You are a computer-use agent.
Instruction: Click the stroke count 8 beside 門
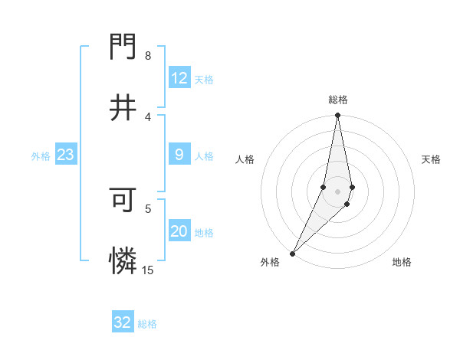tap(148, 56)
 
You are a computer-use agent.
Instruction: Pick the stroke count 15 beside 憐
tap(147, 270)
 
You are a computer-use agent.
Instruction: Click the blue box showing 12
tap(179, 78)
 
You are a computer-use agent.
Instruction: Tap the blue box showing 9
tap(179, 155)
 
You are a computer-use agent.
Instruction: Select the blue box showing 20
tap(179, 231)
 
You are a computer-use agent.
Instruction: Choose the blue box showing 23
tap(66, 155)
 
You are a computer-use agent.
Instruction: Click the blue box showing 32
tap(123, 322)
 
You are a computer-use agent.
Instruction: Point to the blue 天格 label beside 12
tap(204, 80)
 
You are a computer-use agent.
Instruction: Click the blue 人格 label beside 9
tap(204, 156)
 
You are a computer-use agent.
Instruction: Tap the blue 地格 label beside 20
tap(204, 233)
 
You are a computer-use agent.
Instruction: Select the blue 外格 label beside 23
tap(41, 156)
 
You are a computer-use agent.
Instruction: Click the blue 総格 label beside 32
tap(147, 324)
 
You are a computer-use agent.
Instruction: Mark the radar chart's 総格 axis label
tap(338, 100)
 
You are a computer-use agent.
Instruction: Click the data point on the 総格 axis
tap(337, 116)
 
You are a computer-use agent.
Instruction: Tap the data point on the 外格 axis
tap(292, 254)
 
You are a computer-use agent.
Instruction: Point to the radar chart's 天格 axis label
tap(432, 159)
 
